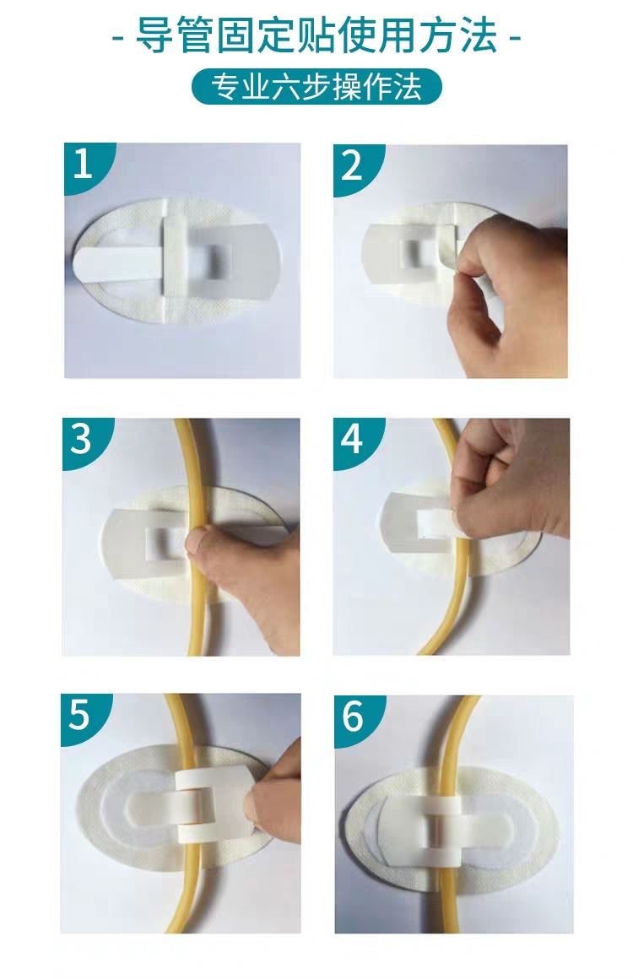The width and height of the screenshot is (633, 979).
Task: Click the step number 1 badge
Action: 84,165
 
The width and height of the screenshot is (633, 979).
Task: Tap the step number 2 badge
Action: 352,166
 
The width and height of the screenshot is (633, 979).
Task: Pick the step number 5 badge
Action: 80,714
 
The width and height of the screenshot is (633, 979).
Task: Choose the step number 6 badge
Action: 354,716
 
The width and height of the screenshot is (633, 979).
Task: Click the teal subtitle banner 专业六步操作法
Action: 316,87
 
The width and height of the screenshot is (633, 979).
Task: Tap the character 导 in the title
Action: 154,35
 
